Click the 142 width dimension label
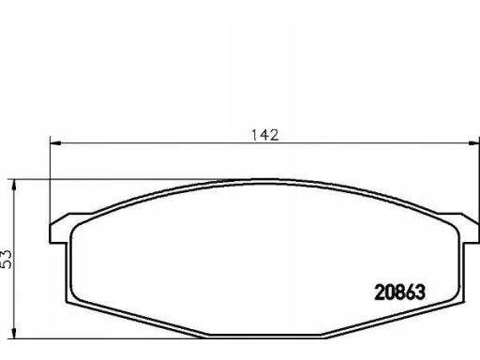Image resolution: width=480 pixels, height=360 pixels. point(265,135)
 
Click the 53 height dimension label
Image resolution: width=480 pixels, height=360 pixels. point(7,259)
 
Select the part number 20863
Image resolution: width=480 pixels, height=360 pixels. point(399,292)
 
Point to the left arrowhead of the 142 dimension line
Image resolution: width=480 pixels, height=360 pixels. point(55,143)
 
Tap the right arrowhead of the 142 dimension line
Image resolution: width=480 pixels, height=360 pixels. point(473,143)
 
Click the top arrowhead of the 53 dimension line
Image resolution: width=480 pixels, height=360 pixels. point(13,185)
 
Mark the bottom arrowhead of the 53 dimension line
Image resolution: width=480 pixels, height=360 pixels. point(13,333)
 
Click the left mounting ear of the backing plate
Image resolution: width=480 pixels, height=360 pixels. point(60,229)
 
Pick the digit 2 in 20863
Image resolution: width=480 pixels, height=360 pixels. point(380,292)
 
